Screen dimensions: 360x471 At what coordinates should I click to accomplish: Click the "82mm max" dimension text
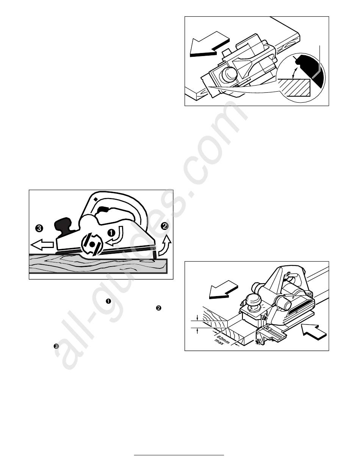coord(222,339)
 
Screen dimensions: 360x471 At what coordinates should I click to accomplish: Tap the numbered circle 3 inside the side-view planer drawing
coord(39,228)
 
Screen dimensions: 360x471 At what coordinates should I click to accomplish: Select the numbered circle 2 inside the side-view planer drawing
coord(165,226)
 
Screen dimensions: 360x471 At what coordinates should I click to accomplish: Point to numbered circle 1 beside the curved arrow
coord(111,232)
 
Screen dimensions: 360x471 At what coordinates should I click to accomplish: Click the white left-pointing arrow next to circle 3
coord(42,245)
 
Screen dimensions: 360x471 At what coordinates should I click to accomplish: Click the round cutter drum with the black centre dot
coord(92,244)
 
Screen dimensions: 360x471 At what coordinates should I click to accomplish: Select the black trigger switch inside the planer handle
coord(102,209)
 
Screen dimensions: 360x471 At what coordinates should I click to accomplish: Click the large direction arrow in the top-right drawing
coord(210,44)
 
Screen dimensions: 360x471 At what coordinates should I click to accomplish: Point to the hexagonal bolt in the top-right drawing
coord(229,75)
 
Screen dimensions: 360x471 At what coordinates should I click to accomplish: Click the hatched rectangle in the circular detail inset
coord(294,87)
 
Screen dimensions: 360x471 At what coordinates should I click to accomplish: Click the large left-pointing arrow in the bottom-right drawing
coord(223,289)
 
